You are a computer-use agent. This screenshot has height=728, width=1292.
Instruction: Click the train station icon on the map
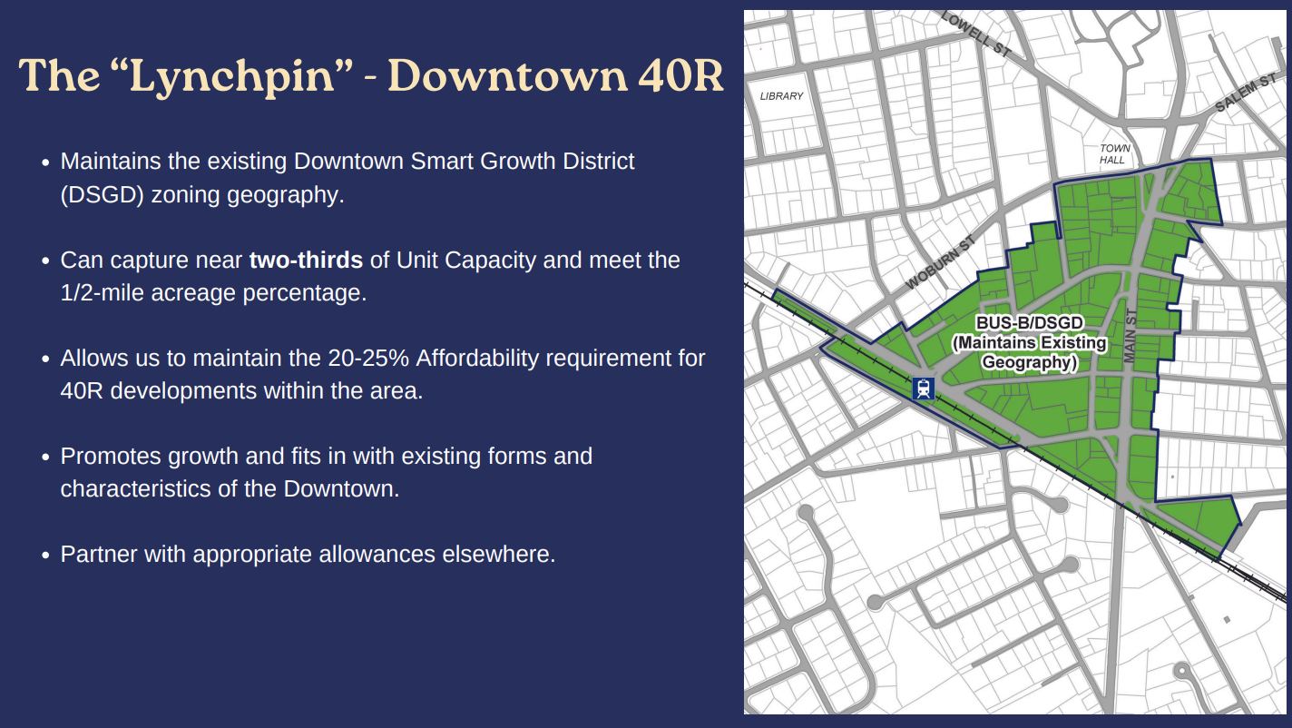(x=923, y=389)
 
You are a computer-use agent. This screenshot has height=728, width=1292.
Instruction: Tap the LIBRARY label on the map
(x=781, y=96)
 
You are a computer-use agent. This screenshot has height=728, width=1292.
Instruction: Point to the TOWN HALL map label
(x=1114, y=154)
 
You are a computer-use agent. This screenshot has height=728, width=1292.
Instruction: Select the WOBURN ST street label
(x=940, y=262)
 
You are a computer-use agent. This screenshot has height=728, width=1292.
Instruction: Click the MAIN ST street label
(x=1130, y=336)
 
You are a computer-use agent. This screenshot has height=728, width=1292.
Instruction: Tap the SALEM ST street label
(x=1246, y=93)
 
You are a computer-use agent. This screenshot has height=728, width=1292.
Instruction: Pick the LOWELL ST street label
(x=976, y=34)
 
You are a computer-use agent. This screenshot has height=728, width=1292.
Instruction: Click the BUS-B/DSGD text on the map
(x=1030, y=322)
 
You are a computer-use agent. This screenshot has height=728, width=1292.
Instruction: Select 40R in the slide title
(x=680, y=75)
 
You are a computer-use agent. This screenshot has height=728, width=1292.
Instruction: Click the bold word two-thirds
(x=306, y=261)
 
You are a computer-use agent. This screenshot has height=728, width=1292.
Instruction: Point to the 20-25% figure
(x=368, y=359)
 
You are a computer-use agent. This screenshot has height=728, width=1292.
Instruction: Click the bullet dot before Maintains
(x=46, y=162)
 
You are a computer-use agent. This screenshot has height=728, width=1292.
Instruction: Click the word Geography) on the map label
(x=1030, y=362)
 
